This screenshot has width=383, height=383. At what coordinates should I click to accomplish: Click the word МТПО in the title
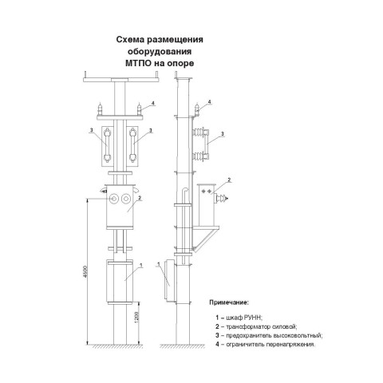click(x=139, y=63)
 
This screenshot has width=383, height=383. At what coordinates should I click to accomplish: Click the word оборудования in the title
click(x=160, y=51)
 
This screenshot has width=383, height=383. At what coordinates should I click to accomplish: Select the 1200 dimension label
click(x=136, y=318)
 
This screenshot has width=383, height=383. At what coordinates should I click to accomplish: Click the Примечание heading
click(x=229, y=302)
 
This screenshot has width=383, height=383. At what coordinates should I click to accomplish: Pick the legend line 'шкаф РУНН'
click(x=239, y=318)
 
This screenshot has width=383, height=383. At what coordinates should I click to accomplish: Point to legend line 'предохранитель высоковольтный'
click(x=269, y=335)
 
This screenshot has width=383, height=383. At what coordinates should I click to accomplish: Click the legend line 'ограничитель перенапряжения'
click(x=266, y=345)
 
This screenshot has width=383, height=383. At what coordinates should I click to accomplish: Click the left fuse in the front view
click(x=107, y=145)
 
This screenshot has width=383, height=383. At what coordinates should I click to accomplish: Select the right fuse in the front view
click(x=132, y=145)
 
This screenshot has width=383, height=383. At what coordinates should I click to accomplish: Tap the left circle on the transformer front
click(x=114, y=199)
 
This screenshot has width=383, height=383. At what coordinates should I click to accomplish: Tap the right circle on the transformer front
click(x=125, y=199)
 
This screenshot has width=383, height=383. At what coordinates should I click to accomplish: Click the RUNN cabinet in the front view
click(x=120, y=282)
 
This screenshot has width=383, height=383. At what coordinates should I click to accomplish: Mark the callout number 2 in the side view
click(x=229, y=180)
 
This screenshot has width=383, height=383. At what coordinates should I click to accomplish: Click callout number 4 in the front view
click(x=152, y=103)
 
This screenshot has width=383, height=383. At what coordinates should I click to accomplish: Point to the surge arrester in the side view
click(x=197, y=109)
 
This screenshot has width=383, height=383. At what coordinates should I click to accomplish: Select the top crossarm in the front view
click(x=121, y=80)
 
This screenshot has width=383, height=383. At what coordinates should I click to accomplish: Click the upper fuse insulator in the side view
click(x=200, y=132)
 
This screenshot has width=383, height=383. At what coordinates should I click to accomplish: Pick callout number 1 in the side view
click(x=159, y=264)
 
